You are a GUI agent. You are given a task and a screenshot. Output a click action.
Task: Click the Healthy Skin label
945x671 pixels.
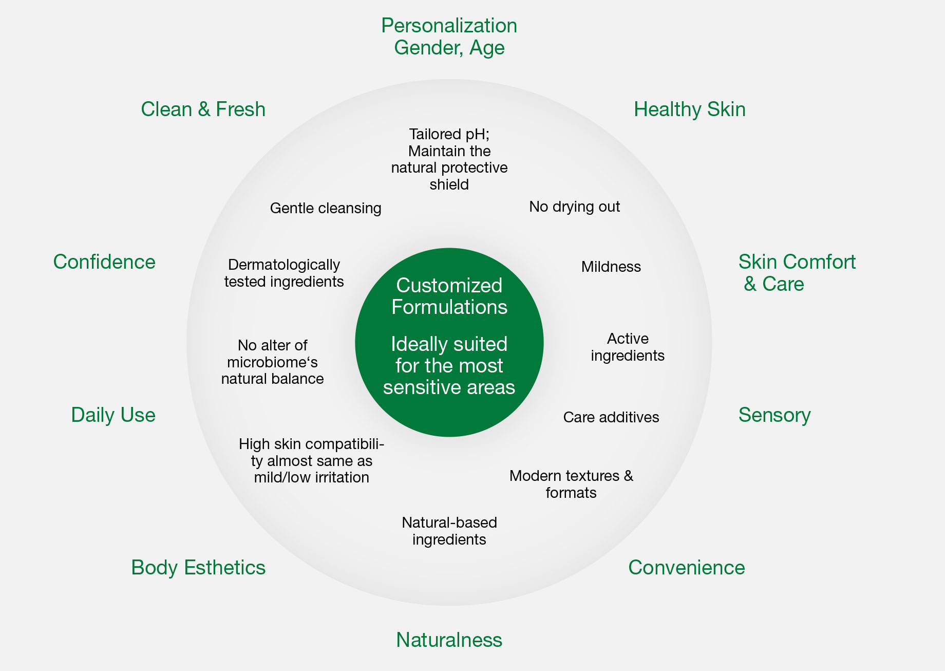[x=690, y=109]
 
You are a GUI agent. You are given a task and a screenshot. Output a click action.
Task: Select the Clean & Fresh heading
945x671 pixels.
[x=203, y=109]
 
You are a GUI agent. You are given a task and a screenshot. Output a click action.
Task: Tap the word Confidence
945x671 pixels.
[x=104, y=262]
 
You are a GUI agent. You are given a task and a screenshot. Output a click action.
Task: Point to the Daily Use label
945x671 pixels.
[x=113, y=415]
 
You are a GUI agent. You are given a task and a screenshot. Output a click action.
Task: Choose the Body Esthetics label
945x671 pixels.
[x=198, y=568]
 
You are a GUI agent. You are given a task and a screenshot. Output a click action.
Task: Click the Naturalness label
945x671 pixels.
[x=449, y=640]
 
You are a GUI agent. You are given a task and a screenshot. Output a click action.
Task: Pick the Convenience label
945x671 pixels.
[x=687, y=568]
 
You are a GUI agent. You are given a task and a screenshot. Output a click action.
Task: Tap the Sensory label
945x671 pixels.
[x=774, y=415]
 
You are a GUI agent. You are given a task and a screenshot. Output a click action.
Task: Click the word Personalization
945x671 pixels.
[x=449, y=26]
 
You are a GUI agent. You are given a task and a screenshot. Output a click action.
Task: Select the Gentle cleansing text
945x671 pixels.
[x=326, y=208]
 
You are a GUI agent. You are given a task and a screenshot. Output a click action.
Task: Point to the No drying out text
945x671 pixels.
[x=575, y=207]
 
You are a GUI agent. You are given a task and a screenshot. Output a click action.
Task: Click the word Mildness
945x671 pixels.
[x=611, y=267]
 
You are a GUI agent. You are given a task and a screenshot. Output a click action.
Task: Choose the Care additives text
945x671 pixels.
[x=611, y=417]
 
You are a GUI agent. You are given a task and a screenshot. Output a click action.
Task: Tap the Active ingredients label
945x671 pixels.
[x=628, y=347]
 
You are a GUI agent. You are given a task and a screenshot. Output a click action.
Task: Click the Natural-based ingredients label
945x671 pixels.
[x=449, y=531]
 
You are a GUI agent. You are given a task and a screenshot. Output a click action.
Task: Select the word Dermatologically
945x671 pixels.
[x=284, y=265]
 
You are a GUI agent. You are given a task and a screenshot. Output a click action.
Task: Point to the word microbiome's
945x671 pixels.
[x=272, y=362]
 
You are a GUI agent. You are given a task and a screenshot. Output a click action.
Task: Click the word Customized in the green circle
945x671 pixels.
[x=449, y=286]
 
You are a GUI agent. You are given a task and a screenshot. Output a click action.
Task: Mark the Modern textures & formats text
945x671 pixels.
[x=571, y=484]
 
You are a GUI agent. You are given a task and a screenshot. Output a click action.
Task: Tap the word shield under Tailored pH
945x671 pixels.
[x=449, y=184]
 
